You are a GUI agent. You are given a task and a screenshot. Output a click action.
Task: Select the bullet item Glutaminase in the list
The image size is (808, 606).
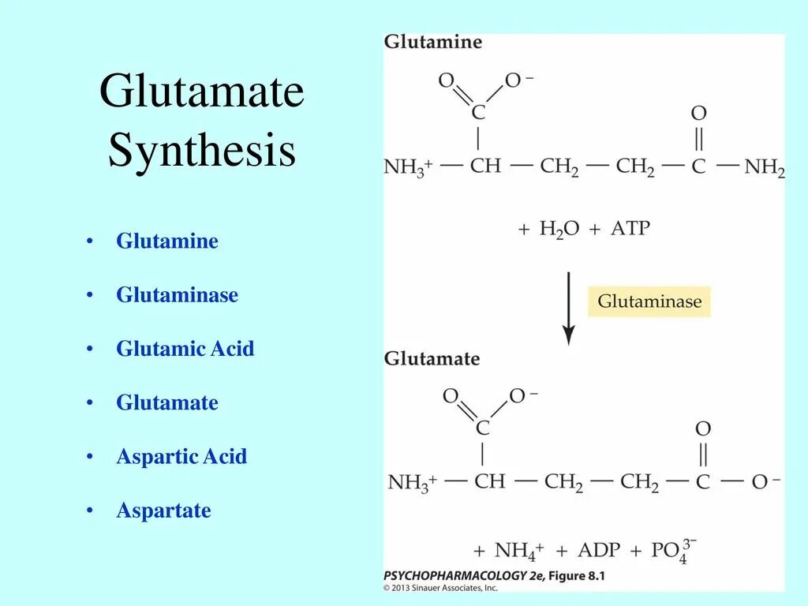pyautogui.click(x=177, y=295)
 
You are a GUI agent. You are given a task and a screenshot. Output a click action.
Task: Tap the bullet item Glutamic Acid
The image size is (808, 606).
pyautogui.click(x=185, y=349)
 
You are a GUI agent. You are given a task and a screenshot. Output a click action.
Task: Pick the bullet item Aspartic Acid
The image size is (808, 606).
pyautogui.click(x=181, y=456)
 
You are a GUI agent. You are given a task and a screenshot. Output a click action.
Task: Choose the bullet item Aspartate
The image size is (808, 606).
pyautogui.click(x=163, y=511)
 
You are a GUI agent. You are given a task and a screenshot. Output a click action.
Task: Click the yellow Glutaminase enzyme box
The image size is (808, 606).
pyautogui.click(x=649, y=301)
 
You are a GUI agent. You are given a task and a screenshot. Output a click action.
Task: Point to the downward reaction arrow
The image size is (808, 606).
pyautogui.click(x=568, y=308)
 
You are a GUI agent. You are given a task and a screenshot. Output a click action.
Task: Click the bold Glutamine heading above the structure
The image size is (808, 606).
pyautogui.click(x=432, y=42)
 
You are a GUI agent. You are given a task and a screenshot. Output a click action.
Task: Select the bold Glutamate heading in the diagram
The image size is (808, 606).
pyautogui.click(x=432, y=358)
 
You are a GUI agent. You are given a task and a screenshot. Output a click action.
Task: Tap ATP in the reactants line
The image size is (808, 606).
pyautogui.click(x=630, y=229)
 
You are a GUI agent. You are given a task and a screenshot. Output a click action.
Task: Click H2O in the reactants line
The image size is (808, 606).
pyautogui.click(x=559, y=230)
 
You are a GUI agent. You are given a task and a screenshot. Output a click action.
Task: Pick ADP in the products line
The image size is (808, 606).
pyautogui.click(x=599, y=550)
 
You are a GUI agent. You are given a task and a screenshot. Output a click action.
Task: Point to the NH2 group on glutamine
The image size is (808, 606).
pyautogui.click(x=764, y=167)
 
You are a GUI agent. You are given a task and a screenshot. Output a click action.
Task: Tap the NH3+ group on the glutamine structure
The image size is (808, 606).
pyautogui.click(x=407, y=167)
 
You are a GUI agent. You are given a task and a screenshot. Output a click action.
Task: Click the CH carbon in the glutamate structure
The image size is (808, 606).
pyautogui.click(x=489, y=481)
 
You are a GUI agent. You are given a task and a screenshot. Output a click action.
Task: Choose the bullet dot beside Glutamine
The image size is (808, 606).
pyautogui.click(x=91, y=241)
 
